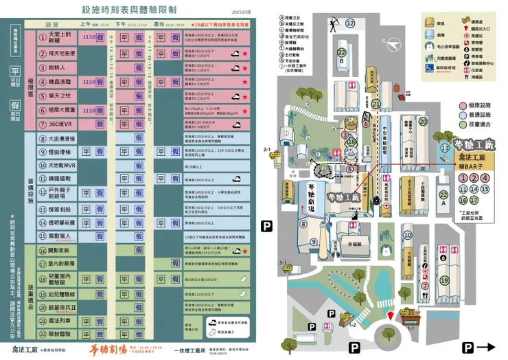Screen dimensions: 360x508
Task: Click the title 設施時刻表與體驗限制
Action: pyautogui.click(x=129, y=11)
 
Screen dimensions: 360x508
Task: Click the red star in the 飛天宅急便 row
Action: pyautogui.click(x=245, y=53)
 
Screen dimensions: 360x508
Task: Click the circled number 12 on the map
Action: pyautogui.click(x=351, y=23)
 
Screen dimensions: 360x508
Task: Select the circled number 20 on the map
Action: pyautogui.click(x=424, y=121)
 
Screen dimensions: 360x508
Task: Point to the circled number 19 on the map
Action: pyautogui.click(x=444, y=280)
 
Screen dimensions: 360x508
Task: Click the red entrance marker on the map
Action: pyautogui.click(x=391, y=315)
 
